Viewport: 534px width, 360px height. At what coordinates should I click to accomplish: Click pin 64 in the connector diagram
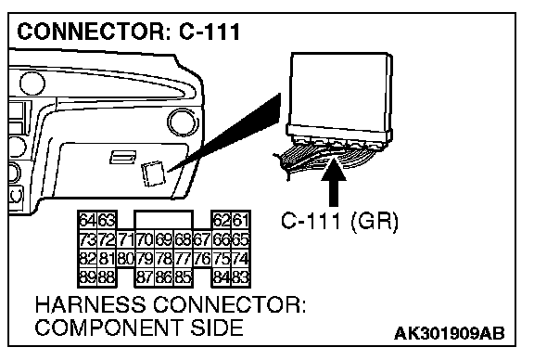click(88, 220)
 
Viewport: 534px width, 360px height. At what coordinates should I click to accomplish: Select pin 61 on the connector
click(241, 220)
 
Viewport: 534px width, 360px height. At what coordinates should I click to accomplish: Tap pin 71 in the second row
click(126, 239)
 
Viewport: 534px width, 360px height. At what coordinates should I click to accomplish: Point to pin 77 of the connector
click(184, 259)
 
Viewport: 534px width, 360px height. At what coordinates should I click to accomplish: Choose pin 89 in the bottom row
click(88, 277)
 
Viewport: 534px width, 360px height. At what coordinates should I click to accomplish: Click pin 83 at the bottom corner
click(241, 277)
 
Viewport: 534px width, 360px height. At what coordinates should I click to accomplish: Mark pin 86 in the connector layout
click(164, 277)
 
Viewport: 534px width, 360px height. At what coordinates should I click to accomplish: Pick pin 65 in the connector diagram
click(241, 239)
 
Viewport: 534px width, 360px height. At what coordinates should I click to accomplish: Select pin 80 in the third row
click(126, 259)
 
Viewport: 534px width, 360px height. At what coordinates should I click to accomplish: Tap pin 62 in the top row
click(222, 220)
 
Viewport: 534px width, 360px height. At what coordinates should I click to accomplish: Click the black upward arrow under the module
click(334, 183)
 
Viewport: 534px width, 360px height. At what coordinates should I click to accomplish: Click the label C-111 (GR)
click(339, 222)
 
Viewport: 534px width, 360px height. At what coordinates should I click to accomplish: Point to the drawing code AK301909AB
click(450, 333)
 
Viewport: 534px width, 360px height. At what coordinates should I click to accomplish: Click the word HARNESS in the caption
click(90, 304)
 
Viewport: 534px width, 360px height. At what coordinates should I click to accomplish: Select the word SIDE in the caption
click(217, 328)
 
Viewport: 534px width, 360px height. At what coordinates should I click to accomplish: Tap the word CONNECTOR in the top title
click(91, 32)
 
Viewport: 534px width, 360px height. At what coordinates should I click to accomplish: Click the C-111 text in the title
click(210, 32)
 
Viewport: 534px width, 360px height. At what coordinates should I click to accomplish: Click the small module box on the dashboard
click(153, 174)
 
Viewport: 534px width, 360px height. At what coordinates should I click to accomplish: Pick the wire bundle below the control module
click(324, 158)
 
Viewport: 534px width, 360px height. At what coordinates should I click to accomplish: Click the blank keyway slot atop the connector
click(164, 220)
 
